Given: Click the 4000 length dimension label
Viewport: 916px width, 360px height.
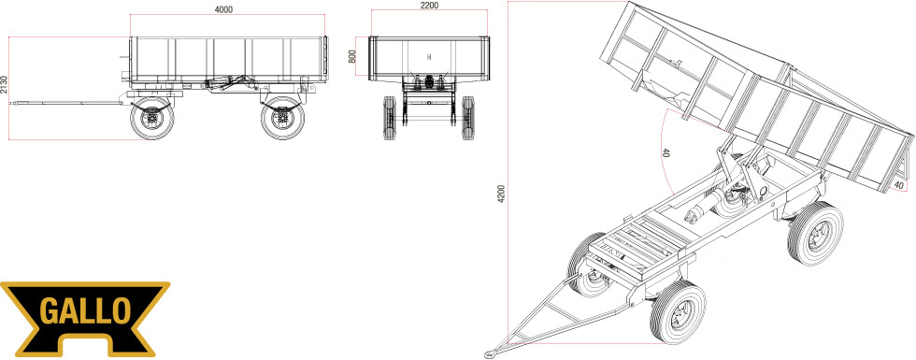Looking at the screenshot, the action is [223, 8].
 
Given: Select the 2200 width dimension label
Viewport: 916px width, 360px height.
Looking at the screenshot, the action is [429, 6].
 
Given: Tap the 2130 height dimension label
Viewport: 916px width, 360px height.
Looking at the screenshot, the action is [5, 85].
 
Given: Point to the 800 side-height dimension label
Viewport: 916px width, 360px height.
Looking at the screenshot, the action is [351, 57].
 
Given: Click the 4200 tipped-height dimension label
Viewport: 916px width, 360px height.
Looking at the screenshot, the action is [501, 194].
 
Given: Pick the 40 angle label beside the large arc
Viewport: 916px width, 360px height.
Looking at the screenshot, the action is [666, 153].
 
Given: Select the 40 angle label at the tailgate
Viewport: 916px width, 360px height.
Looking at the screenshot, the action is [899, 185].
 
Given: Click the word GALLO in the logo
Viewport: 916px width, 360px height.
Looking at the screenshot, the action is [85, 311].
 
